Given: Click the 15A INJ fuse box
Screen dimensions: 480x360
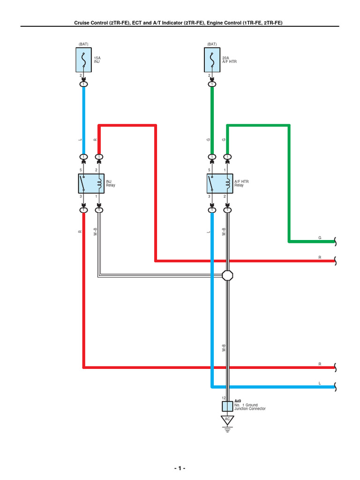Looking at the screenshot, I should coord(83,60).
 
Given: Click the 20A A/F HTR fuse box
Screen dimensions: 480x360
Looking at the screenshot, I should coord(212,60).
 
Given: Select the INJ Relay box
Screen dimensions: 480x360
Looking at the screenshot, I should coord(90,183).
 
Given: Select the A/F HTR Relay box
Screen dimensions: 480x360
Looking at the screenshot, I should coord(219,183).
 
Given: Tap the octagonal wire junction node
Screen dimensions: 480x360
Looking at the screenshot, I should coord(227,275).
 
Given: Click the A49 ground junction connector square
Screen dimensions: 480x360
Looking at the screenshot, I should coord(227,405).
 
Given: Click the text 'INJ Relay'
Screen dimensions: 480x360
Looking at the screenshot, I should coord(111,183).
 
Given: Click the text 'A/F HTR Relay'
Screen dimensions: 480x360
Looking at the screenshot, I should coord(241,183).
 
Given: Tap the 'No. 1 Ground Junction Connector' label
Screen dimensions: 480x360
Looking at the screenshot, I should coord(250,407).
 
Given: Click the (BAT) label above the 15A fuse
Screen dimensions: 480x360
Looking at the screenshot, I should coord(83,44).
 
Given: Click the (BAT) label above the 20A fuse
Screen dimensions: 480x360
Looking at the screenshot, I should coord(212,44).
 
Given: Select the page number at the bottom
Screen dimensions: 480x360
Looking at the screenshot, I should coord(180,468).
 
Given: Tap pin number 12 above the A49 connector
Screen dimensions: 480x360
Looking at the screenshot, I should coord(224,398).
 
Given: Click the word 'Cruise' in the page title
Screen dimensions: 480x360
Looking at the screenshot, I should coord(83,22).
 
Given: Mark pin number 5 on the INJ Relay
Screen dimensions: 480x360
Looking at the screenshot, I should coord(81,170).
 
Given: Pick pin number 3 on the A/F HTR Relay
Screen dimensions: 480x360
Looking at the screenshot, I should coord(210,196).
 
